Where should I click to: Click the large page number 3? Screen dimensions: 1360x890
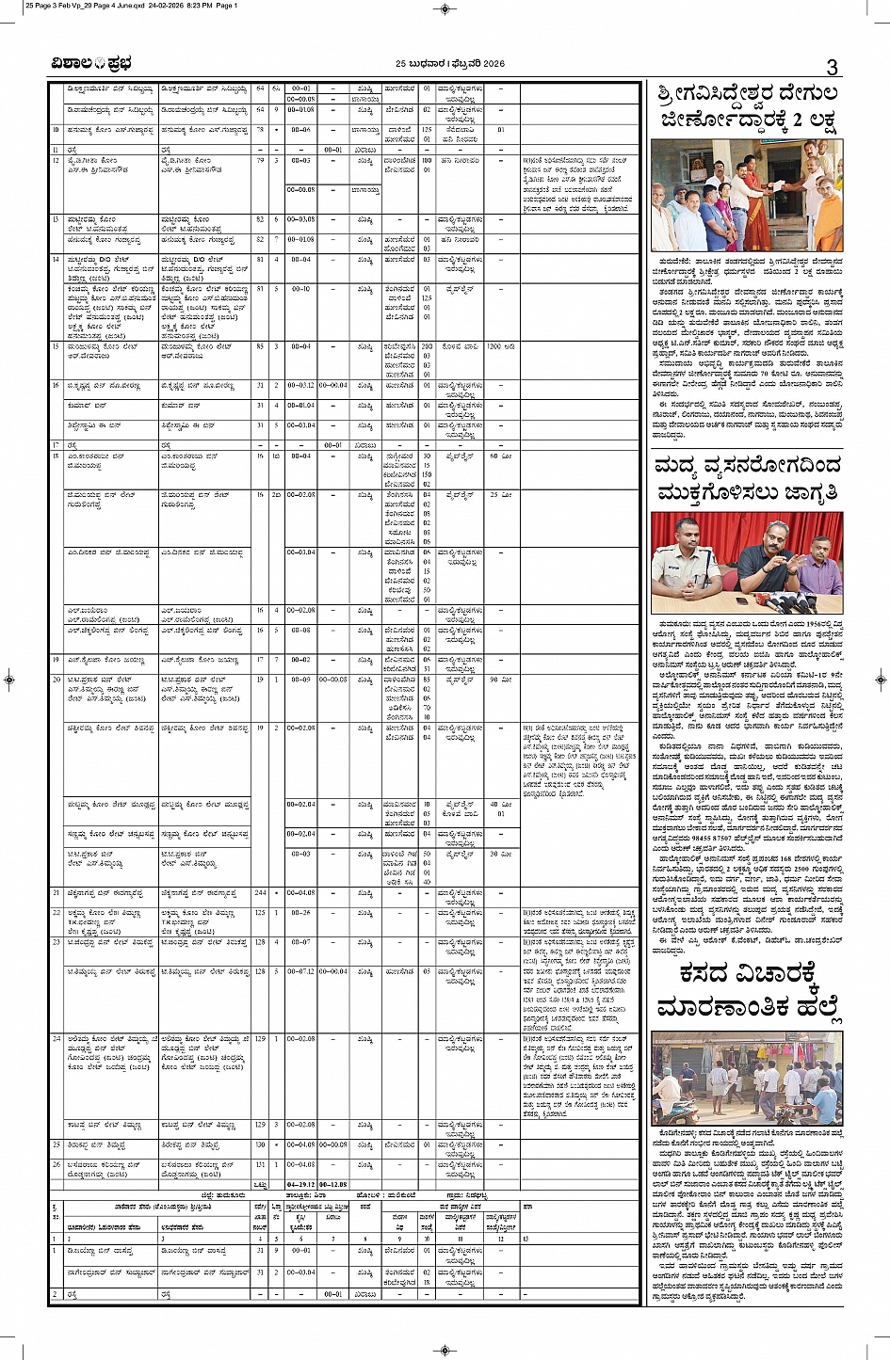[x=832, y=66]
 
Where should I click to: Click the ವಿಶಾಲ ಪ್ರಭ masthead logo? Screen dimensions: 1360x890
[x=91, y=63]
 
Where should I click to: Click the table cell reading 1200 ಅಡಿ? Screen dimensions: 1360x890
[x=501, y=347]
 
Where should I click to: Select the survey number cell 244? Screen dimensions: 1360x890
[x=260, y=892]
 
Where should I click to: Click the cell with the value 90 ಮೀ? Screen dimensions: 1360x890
[x=501, y=679]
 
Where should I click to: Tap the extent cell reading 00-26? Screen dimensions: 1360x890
[x=301, y=912]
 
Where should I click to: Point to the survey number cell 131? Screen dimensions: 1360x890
[x=260, y=1164]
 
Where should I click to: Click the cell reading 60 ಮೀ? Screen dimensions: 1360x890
[x=501, y=456]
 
